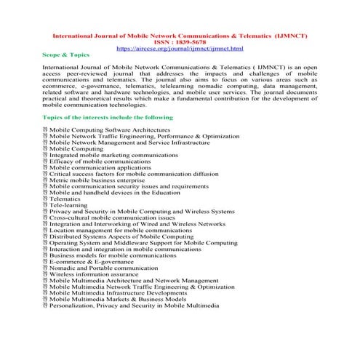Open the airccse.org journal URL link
coord(179,49)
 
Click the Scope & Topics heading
coord(68,56)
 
